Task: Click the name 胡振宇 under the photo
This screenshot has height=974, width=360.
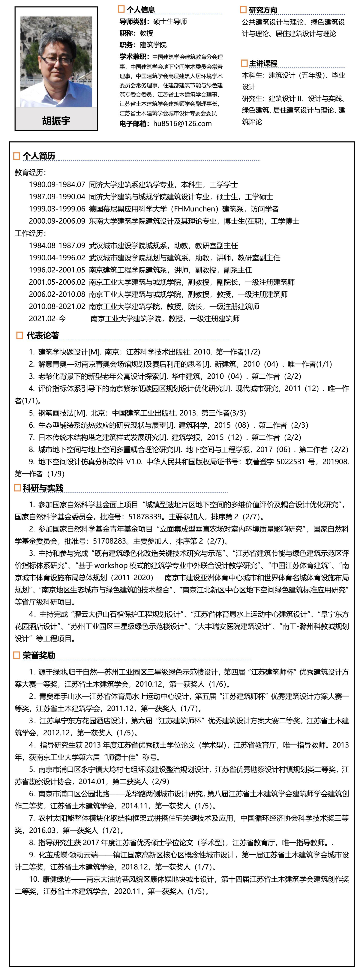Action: click(56, 121)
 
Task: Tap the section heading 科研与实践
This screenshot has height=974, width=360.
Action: click(43, 488)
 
